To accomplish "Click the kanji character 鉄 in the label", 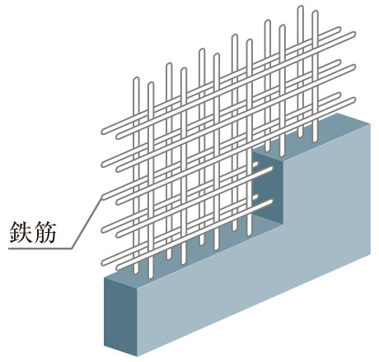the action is [x=20, y=232].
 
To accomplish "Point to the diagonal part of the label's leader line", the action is [x=87, y=223].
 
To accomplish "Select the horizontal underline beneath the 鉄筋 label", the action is [x=40, y=248].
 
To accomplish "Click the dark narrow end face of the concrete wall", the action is [x=120, y=315].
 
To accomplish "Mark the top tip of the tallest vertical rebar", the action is [x=301, y=7].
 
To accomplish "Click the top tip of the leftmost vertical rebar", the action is [x=136, y=78].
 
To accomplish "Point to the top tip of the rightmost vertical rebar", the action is [x=315, y=12].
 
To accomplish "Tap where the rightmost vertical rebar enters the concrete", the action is [x=315, y=141].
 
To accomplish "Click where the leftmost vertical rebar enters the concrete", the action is [x=136, y=272].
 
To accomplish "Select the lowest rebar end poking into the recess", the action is [x=271, y=202].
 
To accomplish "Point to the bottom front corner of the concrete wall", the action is [x=137, y=356].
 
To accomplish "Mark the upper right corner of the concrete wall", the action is [x=370, y=124].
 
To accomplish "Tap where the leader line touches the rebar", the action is [x=102, y=197].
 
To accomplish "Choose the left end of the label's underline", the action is [x=9, y=248].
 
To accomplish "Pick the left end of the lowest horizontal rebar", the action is [x=104, y=262].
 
